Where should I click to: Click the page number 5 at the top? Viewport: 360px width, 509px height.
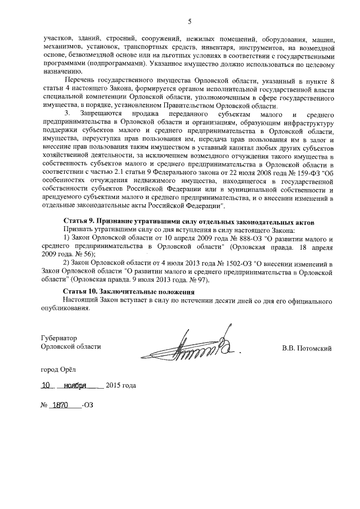point(190,22)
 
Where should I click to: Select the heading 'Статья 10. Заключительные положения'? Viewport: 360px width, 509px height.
point(129,292)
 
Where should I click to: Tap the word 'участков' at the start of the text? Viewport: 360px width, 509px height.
point(58,40)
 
